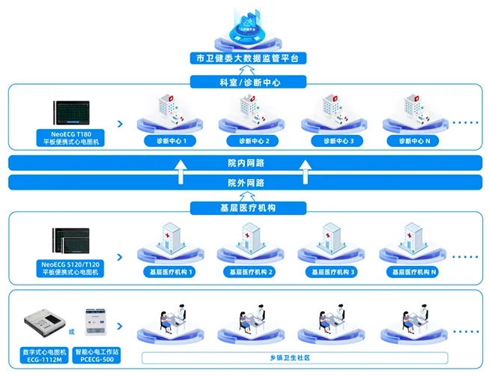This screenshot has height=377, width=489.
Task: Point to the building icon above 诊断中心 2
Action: pos(249,109)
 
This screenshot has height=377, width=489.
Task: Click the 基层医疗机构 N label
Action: pos(413,271)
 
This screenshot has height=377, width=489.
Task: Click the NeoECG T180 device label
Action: pos(72,138)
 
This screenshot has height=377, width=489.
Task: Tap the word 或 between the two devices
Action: pos(72,331)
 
